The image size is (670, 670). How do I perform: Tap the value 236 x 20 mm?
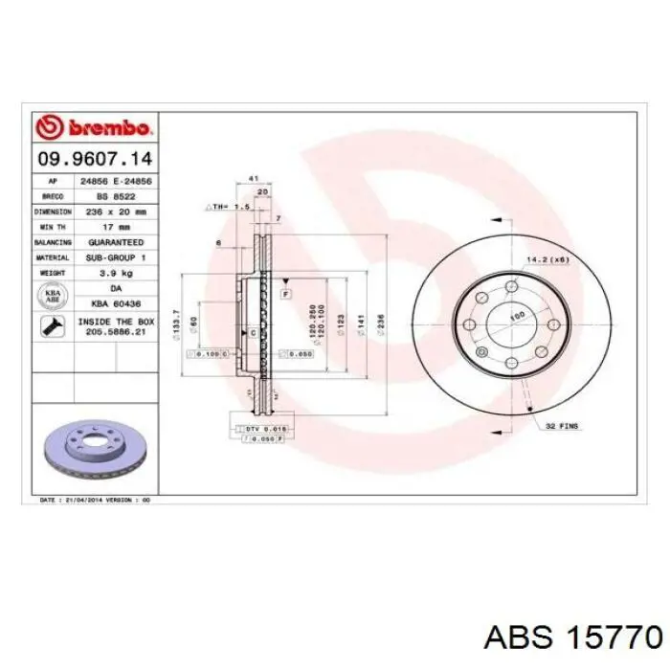click(x=116, y=211)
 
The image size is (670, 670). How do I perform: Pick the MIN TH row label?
click(x=53, y=227)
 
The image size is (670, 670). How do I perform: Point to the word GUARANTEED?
click(x=116, y=243)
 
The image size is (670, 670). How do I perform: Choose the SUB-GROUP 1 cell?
click(x=116, y=258)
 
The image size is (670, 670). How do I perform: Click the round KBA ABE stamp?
click(x=53, y=297)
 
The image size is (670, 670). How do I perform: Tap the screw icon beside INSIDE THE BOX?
click(x=51, y=327)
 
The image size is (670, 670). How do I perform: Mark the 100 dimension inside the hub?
click(x=516, y=315)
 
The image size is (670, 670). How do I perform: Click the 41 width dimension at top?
click(x=254, y=179)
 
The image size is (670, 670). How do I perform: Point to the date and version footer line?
click(x=95, y=500)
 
